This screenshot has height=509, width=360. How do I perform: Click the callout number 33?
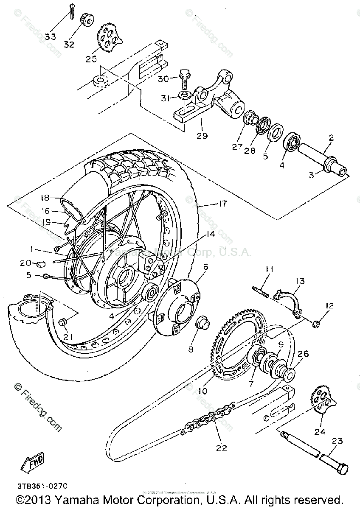[x=51, y=36]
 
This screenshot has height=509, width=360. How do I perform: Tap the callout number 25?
[x=91, y=59]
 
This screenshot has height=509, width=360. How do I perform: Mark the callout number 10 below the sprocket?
[x=202, y=391]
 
